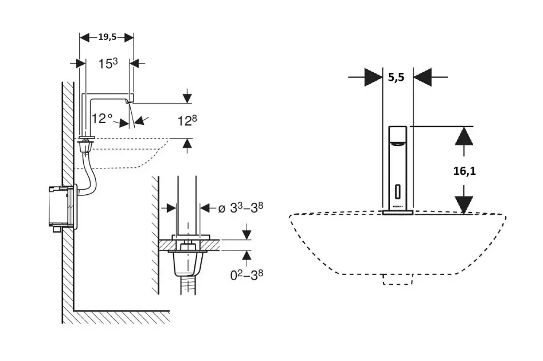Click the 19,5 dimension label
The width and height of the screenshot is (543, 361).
[107, 37]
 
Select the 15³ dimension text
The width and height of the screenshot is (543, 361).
[108, 64]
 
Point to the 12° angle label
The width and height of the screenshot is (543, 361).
[103, 119]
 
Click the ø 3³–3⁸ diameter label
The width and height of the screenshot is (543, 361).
[242, 207]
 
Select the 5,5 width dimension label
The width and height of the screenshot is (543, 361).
[396, 77]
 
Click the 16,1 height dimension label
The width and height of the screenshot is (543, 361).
[466, 170]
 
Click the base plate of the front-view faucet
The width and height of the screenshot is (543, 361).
[399, 213]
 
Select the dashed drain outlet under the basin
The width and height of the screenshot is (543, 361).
[399, 278]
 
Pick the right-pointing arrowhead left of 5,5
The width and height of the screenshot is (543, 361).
[373, 77]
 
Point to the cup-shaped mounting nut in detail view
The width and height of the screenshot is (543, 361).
[187, 264]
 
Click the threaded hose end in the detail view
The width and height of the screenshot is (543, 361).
[187, 287]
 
